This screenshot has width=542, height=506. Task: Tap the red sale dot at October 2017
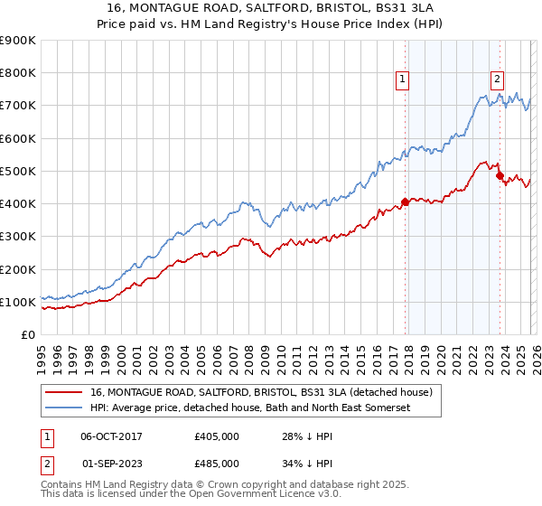[405, 202]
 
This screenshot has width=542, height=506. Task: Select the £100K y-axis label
[18, 302]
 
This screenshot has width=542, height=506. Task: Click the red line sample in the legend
[64, 393]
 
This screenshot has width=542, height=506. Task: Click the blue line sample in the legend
[64, 408]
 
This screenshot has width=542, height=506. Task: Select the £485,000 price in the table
[217, 464]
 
